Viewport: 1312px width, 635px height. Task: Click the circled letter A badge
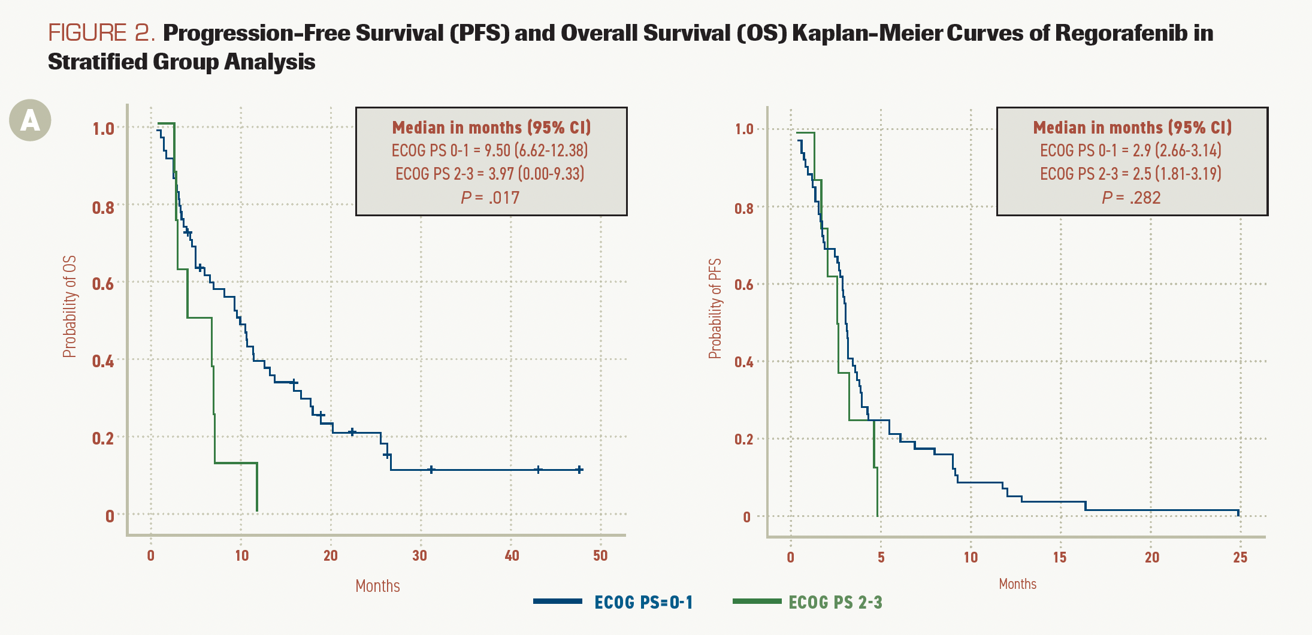(30, 120)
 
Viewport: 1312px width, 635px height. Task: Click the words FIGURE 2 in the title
(101, 33)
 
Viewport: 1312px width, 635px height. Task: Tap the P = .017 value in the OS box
(490, 198)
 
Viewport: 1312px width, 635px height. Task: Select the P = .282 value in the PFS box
(1131, 198)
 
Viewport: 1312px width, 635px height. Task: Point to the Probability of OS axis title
(70, 307)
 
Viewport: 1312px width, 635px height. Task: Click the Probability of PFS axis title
(715, 309)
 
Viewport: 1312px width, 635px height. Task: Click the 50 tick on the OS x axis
(600, 556)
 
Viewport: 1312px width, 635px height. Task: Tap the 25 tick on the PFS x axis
(1240, 558)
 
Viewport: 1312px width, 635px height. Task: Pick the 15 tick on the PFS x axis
(1060, 558)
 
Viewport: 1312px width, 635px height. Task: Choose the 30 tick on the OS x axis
(420, 556)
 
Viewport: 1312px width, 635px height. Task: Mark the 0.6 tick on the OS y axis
(103, 283)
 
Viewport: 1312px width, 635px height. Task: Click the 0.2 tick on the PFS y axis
(743, 440)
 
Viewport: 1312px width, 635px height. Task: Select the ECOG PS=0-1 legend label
(643, 603)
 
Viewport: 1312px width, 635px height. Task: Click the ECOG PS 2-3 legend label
(835, 603)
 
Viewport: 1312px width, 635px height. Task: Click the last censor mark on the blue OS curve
(579, 470)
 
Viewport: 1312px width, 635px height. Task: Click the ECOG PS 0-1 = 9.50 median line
(490, 150)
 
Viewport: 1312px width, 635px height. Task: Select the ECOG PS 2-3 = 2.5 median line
(1131, 174)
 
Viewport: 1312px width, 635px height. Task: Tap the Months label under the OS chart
(377, 586)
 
